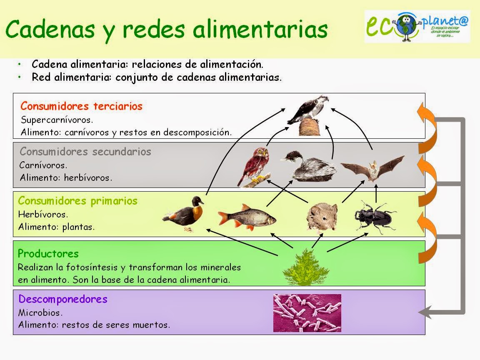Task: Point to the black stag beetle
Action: pos(375,216)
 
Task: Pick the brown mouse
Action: pos(322,216)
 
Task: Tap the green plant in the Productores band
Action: pos(303,267)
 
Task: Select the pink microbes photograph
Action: pos(307,313)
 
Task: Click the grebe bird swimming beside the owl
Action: pos(308,167)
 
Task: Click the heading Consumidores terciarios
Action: pos(82,106)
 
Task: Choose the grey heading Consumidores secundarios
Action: pos(85,151)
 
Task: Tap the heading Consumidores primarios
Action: pos(77,201)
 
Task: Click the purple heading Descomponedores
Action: pos(63,299)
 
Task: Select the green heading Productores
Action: pos(48,253)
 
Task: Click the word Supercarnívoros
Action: pos(57,120)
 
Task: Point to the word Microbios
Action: pos(40,312)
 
